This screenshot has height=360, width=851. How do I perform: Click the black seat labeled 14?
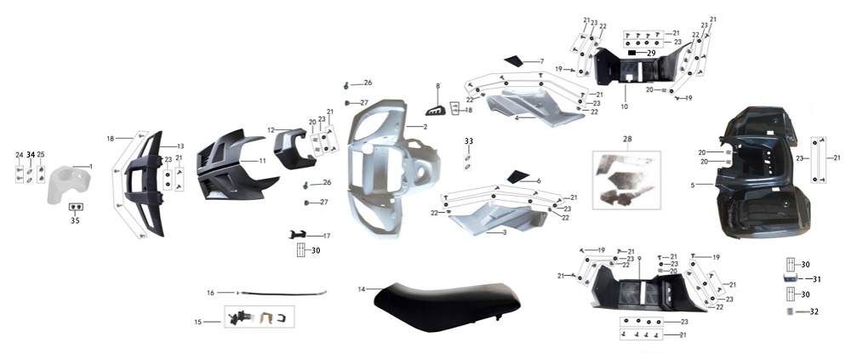(445, 306)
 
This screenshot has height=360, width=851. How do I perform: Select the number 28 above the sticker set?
(627, 140)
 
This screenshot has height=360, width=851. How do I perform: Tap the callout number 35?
(75, 220)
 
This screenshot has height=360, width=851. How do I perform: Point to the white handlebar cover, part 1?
(68, 184)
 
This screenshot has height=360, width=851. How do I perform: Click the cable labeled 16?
(282, 294)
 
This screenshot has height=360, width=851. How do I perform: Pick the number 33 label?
(468, 141)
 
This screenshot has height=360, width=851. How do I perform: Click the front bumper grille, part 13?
(144, 184)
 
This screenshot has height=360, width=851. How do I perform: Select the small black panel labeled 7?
(513, 60)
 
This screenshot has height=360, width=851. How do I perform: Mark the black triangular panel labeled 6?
(517, 176)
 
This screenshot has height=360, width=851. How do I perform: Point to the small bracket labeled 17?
(297, 235)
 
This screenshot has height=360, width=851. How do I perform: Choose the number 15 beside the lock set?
(197, 322)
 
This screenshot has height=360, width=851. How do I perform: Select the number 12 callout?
(271, 129)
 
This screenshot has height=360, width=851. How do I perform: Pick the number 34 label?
(31, 155)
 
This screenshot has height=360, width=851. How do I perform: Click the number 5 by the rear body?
(693, 186)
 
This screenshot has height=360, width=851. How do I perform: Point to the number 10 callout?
(624, 107)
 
